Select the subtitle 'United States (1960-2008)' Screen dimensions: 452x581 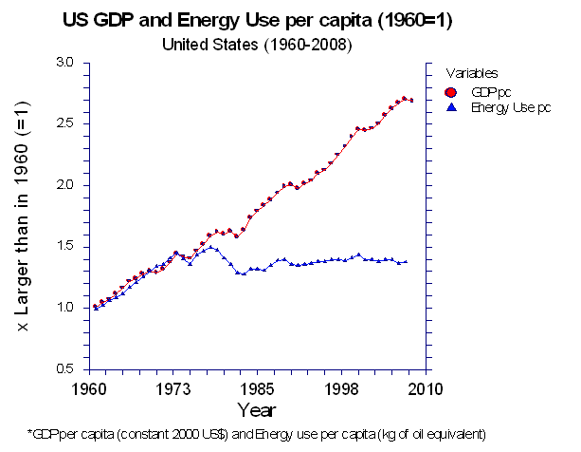256,44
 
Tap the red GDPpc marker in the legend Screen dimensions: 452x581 452,92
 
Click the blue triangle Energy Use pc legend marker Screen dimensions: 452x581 452,107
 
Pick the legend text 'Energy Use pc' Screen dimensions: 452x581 511,107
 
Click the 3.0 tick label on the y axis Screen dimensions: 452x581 64,62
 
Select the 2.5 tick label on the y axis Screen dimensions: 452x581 64,123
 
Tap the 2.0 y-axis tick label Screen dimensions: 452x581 64,184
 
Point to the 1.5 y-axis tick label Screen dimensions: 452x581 64,247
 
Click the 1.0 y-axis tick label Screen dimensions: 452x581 64,308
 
